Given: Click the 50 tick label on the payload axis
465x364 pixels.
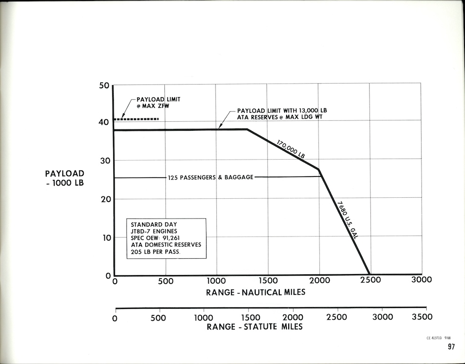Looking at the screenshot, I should pyautogui.click(x=104, y=86).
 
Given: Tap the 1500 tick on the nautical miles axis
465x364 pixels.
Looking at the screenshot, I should pyautogui.click(x=268, y=280).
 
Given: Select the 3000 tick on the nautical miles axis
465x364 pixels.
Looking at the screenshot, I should pyautogui.click(x=422, y=279).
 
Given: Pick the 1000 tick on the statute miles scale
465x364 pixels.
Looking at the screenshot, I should pyautogui.click(x=204, y=317).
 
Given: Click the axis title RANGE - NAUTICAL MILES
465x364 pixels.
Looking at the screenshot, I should pyautogui.click(x=256, y=292).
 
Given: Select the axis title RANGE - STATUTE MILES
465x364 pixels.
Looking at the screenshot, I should pyautogui.click(x=255, y=326).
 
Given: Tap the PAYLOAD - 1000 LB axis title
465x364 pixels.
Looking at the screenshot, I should pyautogui.click(x=64, y=178).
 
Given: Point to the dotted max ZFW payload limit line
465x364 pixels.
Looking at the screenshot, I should pyautogui.click(x=140, y=119).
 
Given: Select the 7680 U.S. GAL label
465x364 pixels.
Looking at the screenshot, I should pyautogui.click(x=347, y=220).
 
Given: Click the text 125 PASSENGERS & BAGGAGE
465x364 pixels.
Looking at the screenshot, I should pyautogui.click(x=210, y=178).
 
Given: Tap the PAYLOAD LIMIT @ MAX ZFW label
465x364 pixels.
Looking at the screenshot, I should pyautogui.click(x=158, y=103).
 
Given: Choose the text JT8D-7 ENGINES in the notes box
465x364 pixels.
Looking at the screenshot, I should pyautogui.click(x=155, y=231).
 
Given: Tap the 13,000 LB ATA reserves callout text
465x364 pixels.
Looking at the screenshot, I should pyautogui.click(x=282, y=113).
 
